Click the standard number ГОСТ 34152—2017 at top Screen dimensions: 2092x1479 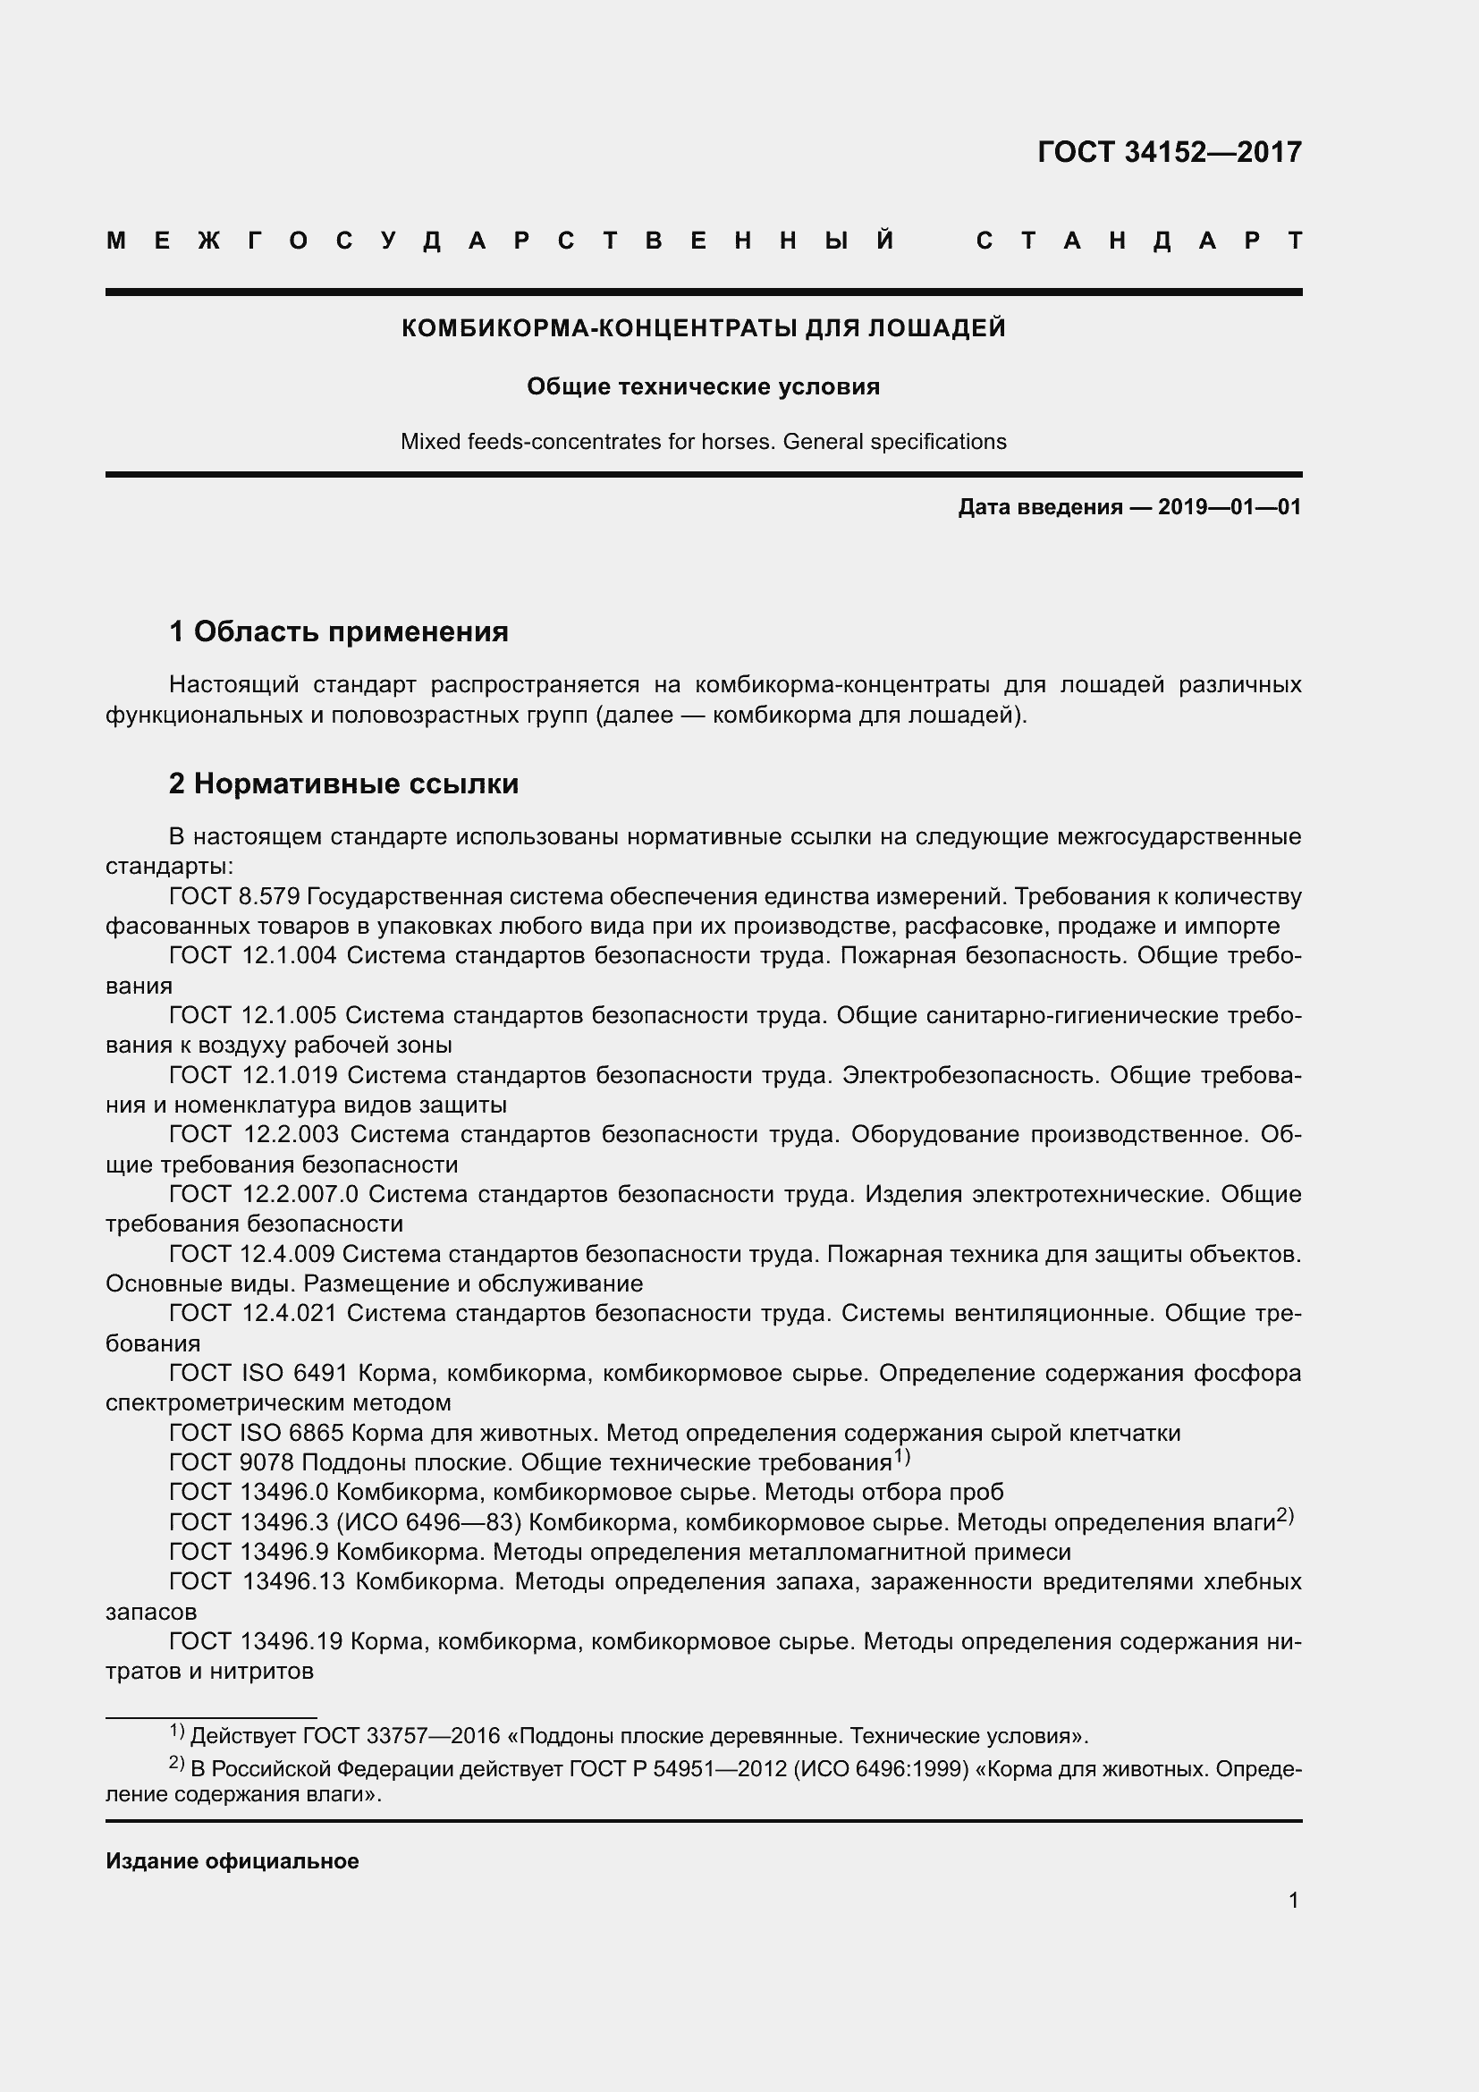click(x=1170, y=152)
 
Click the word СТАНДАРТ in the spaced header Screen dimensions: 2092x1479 click(x=1138, y=241)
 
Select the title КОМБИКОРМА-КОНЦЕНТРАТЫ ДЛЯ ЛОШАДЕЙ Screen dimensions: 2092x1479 click(x=703, y=328)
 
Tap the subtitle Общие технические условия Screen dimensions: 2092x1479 click(x=703, y=387)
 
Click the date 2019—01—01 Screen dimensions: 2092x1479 click(x=1230, y=507)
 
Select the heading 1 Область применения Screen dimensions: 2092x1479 click(x=339, y=631)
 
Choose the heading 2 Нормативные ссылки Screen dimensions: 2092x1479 click(x=343, y=783)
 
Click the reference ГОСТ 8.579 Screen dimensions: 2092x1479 click(x=234, y=896)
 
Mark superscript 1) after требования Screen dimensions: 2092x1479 click(x=901, y=1457)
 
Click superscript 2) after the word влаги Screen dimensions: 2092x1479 click(x=1284, y=1516)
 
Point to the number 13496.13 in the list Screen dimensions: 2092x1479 click(x=293, y=1582)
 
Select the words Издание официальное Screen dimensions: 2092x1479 click(x=232, y=1861)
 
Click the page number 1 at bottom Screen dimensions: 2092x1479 click(x=1293, y=1901)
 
